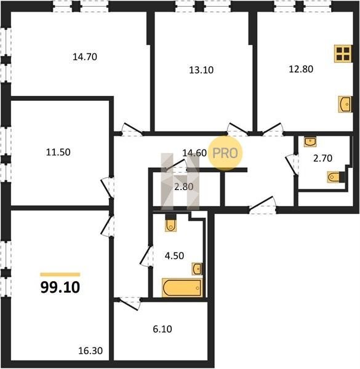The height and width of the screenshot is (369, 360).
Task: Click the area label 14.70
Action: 85,57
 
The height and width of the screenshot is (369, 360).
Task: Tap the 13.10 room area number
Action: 201,70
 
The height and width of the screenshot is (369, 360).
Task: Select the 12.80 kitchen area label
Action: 301,69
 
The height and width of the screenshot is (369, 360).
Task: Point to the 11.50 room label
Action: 58,153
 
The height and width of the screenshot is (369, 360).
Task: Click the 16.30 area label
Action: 90,351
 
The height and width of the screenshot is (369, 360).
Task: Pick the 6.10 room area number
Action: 162,329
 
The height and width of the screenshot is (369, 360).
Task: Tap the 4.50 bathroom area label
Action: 174,256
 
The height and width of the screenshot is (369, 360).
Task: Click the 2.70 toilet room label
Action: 323,158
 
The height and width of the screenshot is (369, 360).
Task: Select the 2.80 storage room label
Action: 184,187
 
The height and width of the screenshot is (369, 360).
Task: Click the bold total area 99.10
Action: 60,287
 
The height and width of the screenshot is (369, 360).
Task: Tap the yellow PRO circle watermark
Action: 225,153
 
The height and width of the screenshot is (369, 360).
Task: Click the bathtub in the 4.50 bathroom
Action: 182,288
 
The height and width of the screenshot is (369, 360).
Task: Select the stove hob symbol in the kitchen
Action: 343,54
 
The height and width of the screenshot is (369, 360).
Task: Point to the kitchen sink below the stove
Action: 345,104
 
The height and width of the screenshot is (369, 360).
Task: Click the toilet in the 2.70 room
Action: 335,177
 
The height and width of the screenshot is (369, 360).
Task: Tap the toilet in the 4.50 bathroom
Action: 171,224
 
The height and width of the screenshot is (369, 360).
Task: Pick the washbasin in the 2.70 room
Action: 310,141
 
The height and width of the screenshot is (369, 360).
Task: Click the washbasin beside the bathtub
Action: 197,269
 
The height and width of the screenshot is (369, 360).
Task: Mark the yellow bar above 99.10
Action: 60,274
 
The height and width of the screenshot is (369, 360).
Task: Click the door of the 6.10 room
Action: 129,304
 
